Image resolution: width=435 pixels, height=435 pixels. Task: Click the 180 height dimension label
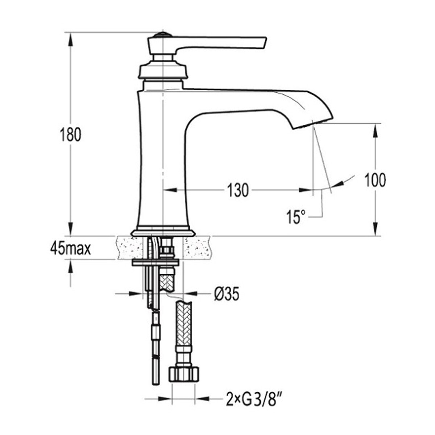[x=70, y=134]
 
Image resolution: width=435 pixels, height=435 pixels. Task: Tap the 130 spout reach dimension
[x=238, y=190]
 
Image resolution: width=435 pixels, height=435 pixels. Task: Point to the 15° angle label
[x=296, y=216]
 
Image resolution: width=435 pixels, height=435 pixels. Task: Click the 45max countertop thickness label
[x=70, y=249]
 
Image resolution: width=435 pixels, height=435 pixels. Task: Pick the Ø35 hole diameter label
[x=226, y=294]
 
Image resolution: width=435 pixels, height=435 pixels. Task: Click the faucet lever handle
[x=207, y=45]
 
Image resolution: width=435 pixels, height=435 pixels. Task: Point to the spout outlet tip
[x=312, y=123]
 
